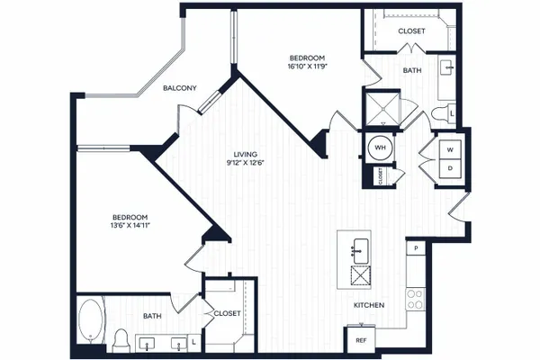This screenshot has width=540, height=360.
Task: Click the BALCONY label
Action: click(180, 88)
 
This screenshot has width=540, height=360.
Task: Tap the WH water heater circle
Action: click(380, 148)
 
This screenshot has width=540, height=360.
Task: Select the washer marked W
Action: click(450, 150)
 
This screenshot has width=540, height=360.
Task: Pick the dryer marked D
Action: click(450, 169)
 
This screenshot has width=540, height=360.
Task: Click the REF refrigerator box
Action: click(361, 340)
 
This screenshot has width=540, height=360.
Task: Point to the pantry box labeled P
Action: click(416, 247)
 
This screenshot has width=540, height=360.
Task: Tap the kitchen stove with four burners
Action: click(415, 300)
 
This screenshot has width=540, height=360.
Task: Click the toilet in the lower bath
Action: click(121, 340)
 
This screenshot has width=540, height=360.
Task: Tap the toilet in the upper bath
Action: click(440, 114)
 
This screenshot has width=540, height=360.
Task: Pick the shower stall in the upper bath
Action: click(382, 108)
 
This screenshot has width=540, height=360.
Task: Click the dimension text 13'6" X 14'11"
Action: click(130, 226)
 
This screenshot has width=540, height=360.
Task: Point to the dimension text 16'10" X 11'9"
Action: click(307, 66)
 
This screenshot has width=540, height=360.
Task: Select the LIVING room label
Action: click(245, 154)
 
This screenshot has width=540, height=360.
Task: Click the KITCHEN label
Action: click(369, 305)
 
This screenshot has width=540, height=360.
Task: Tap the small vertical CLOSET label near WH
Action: click(380, 176)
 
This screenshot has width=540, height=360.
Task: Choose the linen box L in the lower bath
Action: click(193, 342)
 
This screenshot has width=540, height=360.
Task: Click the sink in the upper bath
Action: click(446, 67)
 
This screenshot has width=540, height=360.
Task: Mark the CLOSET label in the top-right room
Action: click(411, 31)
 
